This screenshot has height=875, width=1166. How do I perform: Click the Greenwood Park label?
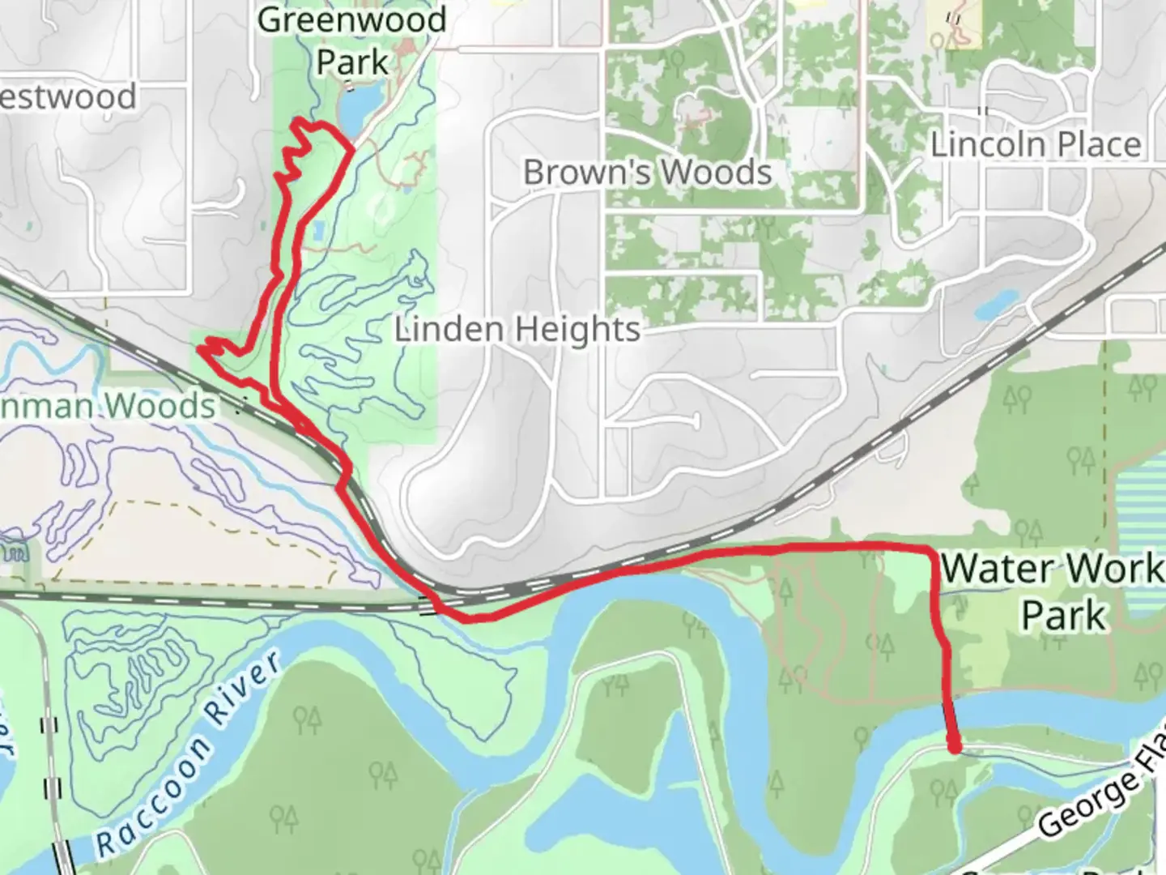352,41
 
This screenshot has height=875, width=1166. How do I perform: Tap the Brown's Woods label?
647,173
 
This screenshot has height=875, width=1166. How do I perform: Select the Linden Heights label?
517,330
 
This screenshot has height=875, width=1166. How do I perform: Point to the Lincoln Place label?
1036,145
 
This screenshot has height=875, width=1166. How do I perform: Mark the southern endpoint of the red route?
955,746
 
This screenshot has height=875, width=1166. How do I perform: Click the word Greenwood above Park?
352,20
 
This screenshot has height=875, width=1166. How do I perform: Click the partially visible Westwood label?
68,97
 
